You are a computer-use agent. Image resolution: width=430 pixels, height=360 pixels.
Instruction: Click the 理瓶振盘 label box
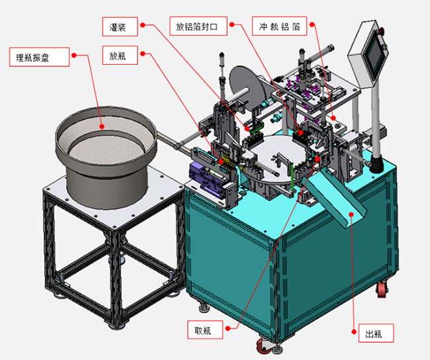[39, 57]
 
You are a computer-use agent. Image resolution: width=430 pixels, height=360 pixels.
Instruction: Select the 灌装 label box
[120, 26]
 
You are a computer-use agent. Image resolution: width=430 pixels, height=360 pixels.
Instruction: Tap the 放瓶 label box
[120, 55]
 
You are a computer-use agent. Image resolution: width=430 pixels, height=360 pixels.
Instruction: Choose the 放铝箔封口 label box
[198, 26]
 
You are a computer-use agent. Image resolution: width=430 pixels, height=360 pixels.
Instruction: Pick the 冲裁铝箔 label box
[279, 26]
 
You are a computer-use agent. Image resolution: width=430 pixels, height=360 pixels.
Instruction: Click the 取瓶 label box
[205, 330]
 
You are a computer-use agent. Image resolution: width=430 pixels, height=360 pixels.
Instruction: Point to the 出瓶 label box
[376, 333]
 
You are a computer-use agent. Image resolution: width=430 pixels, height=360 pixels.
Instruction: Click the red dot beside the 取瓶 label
[228, 328]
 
